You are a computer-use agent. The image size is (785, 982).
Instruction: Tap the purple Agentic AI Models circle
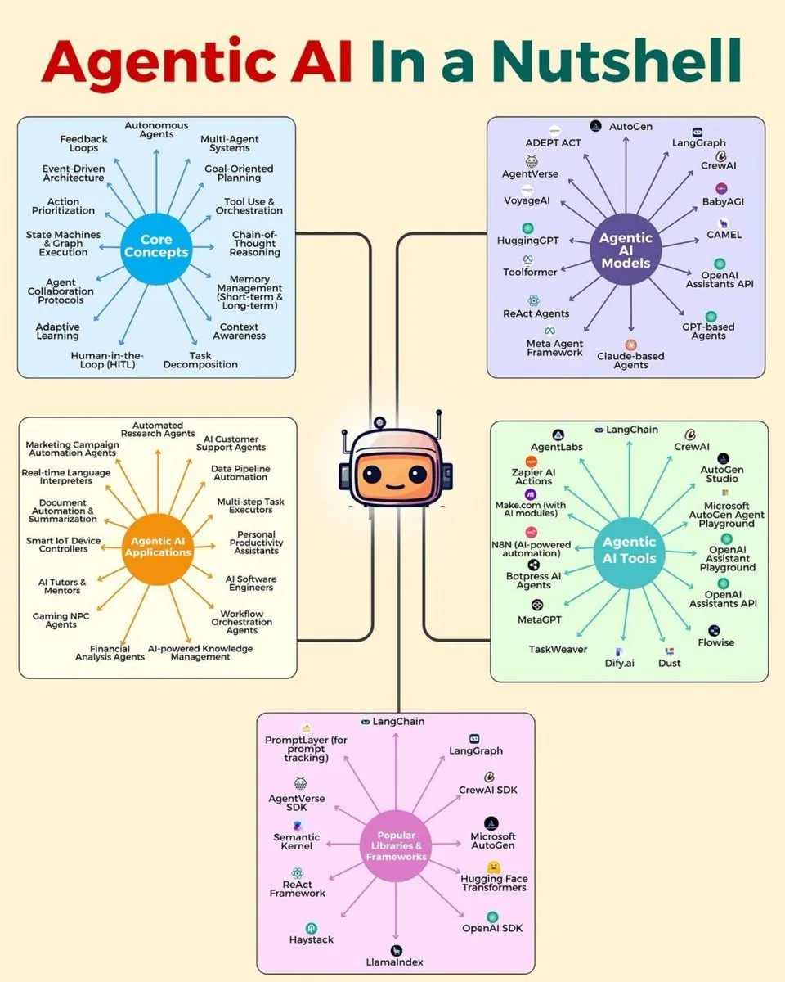(x=626, y=250)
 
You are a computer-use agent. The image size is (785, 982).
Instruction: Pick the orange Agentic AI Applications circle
(x=157, y=547)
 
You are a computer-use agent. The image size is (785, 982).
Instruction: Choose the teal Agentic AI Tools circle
(x=629, y=550)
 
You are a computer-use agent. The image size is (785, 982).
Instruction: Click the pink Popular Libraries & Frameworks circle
(x=396, y=845)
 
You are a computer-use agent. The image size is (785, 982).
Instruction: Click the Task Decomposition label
(x=200, y=360)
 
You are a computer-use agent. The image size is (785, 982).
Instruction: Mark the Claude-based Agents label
(x=630, y=360)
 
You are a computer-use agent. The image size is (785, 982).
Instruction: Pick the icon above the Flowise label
(x=715, y=630)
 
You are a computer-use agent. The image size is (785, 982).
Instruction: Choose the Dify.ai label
(x=619, y=663)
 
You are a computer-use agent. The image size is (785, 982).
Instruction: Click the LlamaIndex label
(x=396, y=962)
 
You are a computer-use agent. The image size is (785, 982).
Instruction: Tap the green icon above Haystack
(x=311, y=928)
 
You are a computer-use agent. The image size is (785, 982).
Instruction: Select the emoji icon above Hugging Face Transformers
(x=494, y=867)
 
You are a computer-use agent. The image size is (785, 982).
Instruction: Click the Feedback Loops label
(x=83, y=144)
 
